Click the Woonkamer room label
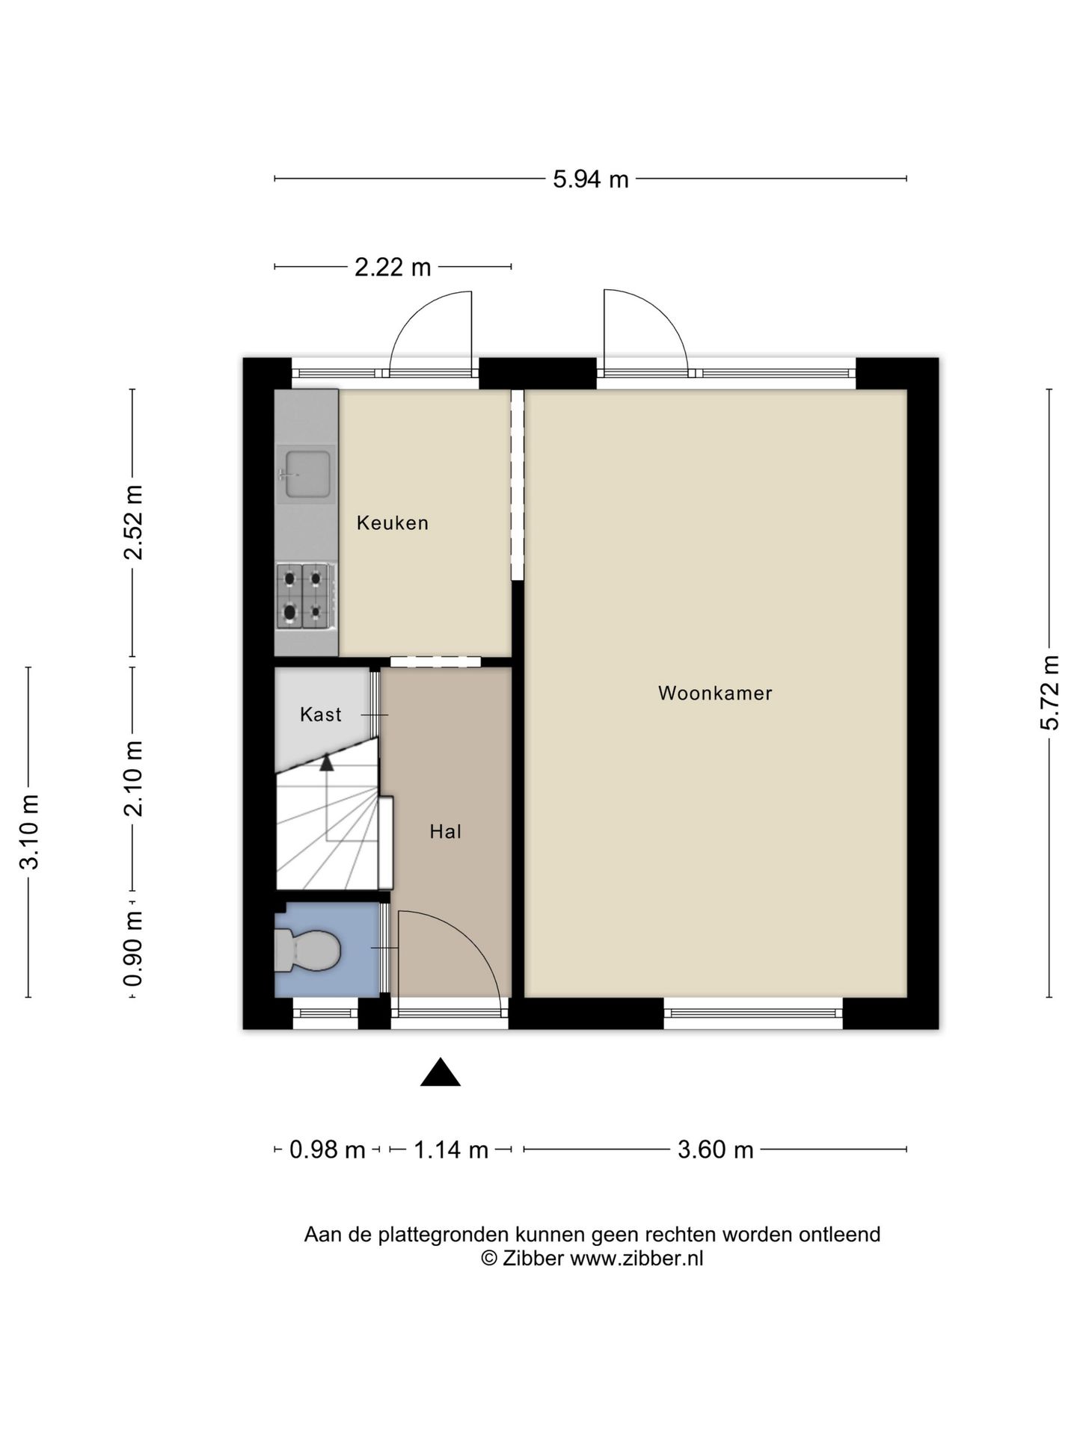pyautogui.click(x=715, y=693)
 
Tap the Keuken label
pyautogui.click(x=393, y=522)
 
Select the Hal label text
pyautogui.click(x=445, y=831)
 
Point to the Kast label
pyautogui.click(x=320, y=715)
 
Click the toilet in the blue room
pyautogui.click(x=307, y=950)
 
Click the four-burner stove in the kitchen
pyautogui.click(x=306, y=596)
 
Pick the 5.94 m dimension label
pyautogui.click(x=591, y=179)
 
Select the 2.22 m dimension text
pyautogui.click(x=393, y=267)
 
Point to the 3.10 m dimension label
pyautogui.click(x=29, y=832)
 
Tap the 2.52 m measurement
pyautogui.click(x=134, y=522)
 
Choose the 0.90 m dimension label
pyautogui.click(x=134, y=948)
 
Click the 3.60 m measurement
pyautogui.click(x=716, y=1149)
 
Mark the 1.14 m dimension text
pyautogui.click(x=451, y=1149)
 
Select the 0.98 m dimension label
pyautogui.click(x=328, y=1149)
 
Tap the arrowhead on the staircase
pyautogui.click(x=326, y=762)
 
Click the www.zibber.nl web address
pyautogui.click(x=636, y=1258)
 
